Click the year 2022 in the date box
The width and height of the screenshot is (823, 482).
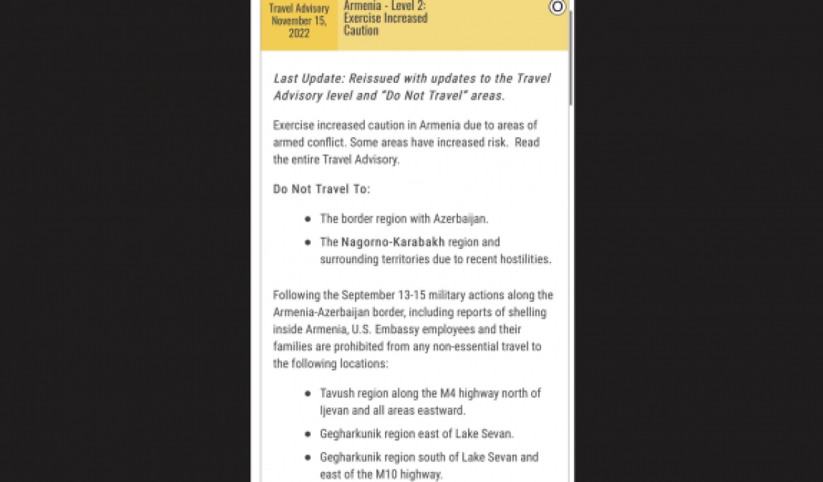coord(299,33)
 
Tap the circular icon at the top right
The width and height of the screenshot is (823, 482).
coord(557,7)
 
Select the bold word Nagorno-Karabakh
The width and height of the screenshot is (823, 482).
coord(393,242)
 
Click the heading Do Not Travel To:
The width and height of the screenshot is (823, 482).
coord(321,189)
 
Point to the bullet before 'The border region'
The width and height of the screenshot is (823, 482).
coord(307,219)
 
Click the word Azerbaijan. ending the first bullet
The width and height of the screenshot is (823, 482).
coord(461,219)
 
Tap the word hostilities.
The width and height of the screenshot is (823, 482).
coord(522,259)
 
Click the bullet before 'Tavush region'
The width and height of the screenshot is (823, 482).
coord(307,394)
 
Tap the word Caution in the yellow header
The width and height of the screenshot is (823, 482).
coord(361,30)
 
